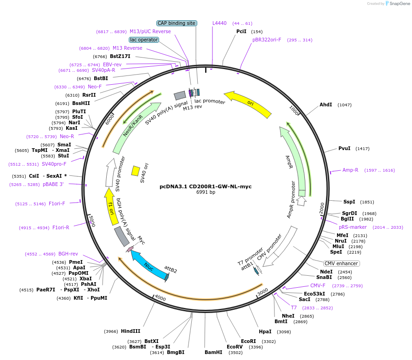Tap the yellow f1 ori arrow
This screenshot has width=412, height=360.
click(x=111, y=207)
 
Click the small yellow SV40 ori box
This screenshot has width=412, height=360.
click(x=136, y=171)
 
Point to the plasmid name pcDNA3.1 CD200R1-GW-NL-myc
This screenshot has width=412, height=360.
click(x=206, y=186)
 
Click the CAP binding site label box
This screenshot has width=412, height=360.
click(x=177, y=23)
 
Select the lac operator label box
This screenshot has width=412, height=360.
click(x=144, y=40)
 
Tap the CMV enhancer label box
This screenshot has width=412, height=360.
click(x=341, y=263)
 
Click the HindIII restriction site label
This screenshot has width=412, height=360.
click(x=130, y=331)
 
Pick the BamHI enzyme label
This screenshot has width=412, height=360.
click(x=213, y=352)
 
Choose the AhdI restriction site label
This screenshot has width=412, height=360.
click(x=326, y=105)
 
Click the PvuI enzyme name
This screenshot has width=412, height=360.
click(x=344, y=148)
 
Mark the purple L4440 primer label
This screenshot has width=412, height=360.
click(x=219, y=23)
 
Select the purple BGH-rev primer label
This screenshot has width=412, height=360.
click(x=68, y=254)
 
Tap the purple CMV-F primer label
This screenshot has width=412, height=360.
click(x=318, y=285)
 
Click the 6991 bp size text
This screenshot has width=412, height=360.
click(x=206, y=192)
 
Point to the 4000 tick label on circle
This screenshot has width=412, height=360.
click(x=160, y=298)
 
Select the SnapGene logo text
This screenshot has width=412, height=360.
click(x=400, y=3)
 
